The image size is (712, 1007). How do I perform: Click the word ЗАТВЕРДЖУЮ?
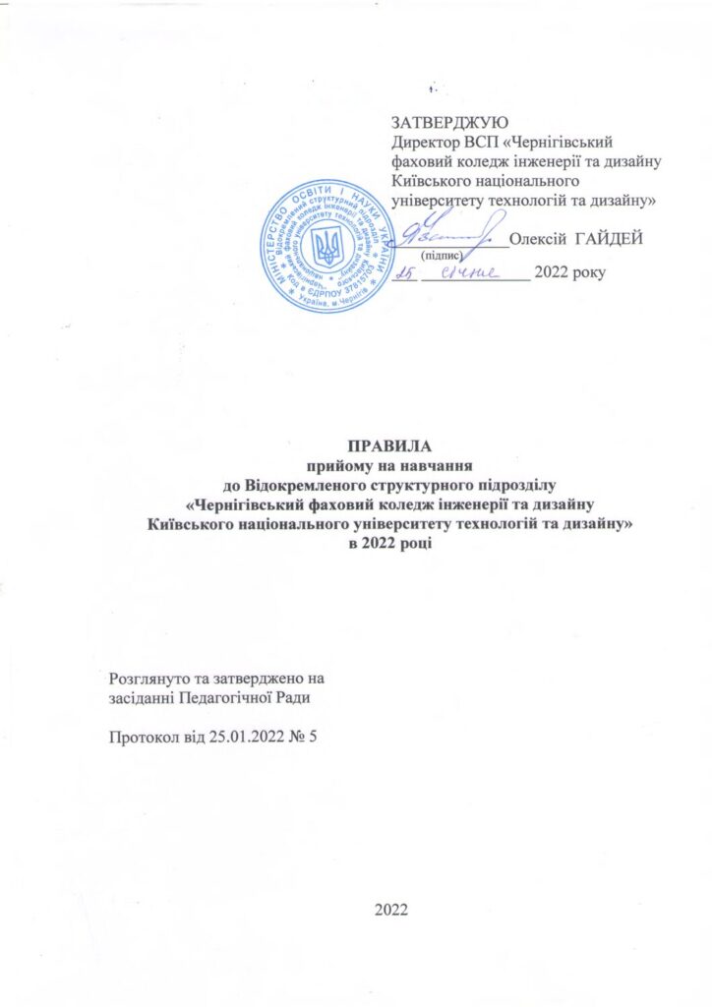(x=448, y=124)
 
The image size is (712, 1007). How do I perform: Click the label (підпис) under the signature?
(x=442, y=255)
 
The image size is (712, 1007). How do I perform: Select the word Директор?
(x=424, y=143)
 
